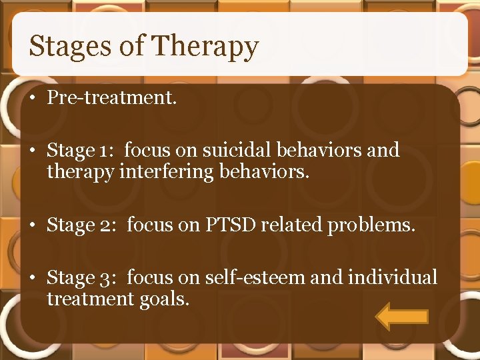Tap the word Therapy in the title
[205, 47]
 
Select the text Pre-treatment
[111, 98]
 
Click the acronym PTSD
[225, 225]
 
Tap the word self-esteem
[242, 277]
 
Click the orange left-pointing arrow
[401, 316]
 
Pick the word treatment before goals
[90, 299]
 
